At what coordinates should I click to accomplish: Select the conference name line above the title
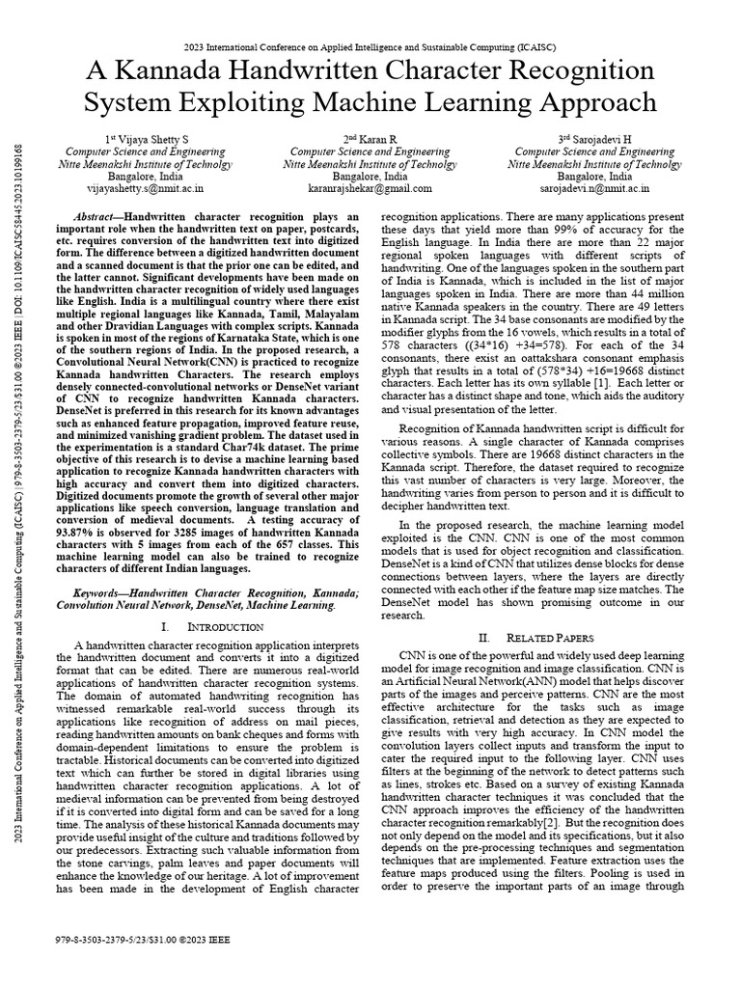point(370,44)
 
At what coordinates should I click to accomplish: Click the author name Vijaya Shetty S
point(148,140)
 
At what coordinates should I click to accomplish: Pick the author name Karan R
point(370,140)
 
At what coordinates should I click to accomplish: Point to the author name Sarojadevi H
point(594,140)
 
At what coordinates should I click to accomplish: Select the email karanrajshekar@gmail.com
point(370,190)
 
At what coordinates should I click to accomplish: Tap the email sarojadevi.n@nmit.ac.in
point(594,190)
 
